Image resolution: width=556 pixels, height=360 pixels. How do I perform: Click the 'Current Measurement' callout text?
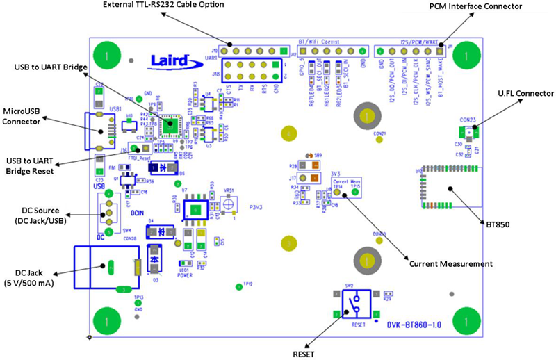point(451,264)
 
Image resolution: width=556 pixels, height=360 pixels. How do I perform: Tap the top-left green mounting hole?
point(105,54)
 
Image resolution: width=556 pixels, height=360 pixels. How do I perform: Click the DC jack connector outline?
point(103,267)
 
